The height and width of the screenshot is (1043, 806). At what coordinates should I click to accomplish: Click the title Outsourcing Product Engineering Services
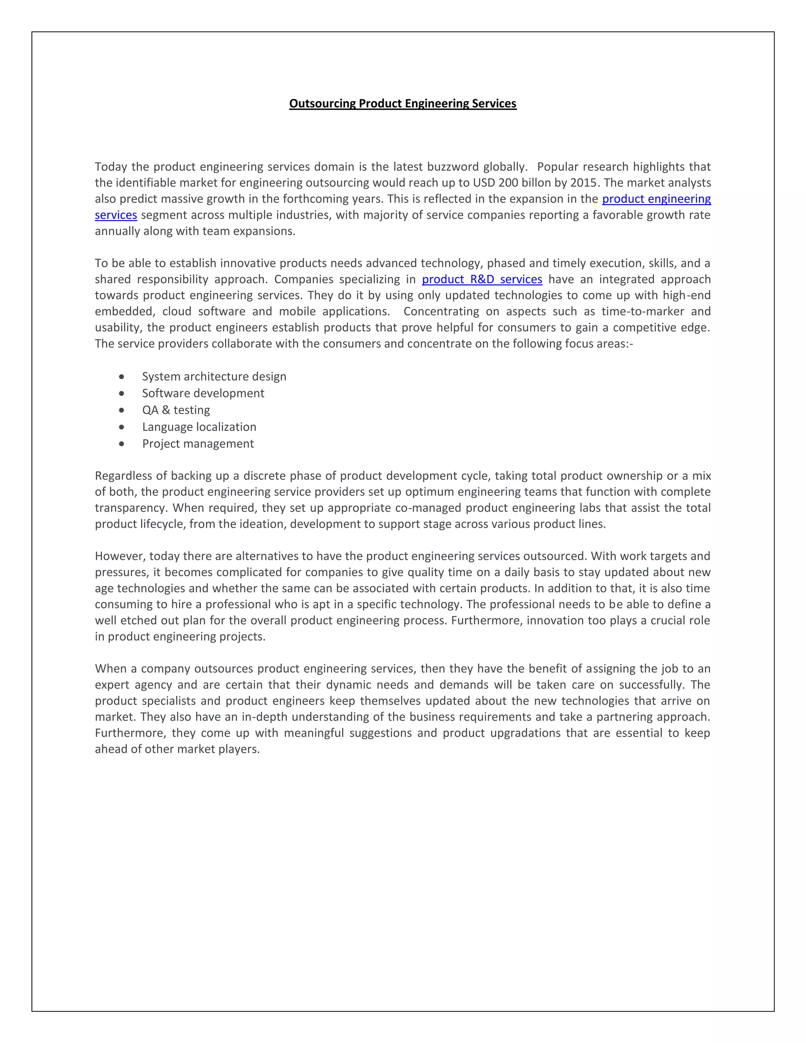tap(403, 104)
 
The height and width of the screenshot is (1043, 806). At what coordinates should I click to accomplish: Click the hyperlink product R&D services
tap(482, 279)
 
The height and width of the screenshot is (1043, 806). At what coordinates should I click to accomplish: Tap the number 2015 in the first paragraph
tap(584, 183)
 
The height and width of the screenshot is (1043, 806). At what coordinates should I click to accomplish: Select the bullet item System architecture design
tap(214, 377)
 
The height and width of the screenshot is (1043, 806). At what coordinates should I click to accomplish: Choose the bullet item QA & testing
tap(176, 410)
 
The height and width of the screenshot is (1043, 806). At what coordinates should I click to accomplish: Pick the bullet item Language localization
tap(199, 427)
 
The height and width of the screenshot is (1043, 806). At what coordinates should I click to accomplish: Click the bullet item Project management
tap(198, 444)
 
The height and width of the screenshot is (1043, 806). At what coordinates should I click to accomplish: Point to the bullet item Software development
tap(203, 394)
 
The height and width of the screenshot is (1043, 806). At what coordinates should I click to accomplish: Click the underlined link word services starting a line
tap(116, 215)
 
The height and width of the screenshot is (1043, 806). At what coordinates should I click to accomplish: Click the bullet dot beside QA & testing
tap(122, 410)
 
